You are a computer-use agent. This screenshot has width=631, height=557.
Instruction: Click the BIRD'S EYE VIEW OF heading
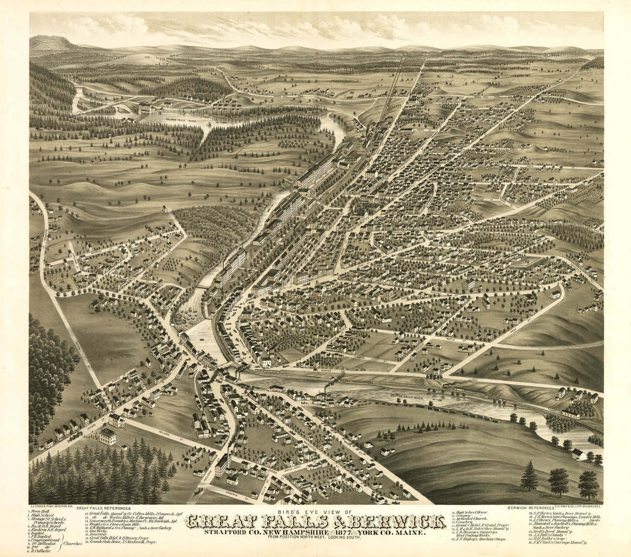pyautogui.click(x=315, y=512)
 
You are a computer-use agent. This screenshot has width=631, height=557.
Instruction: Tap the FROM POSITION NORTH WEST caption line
pyautogui.click(x=315, y=539)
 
